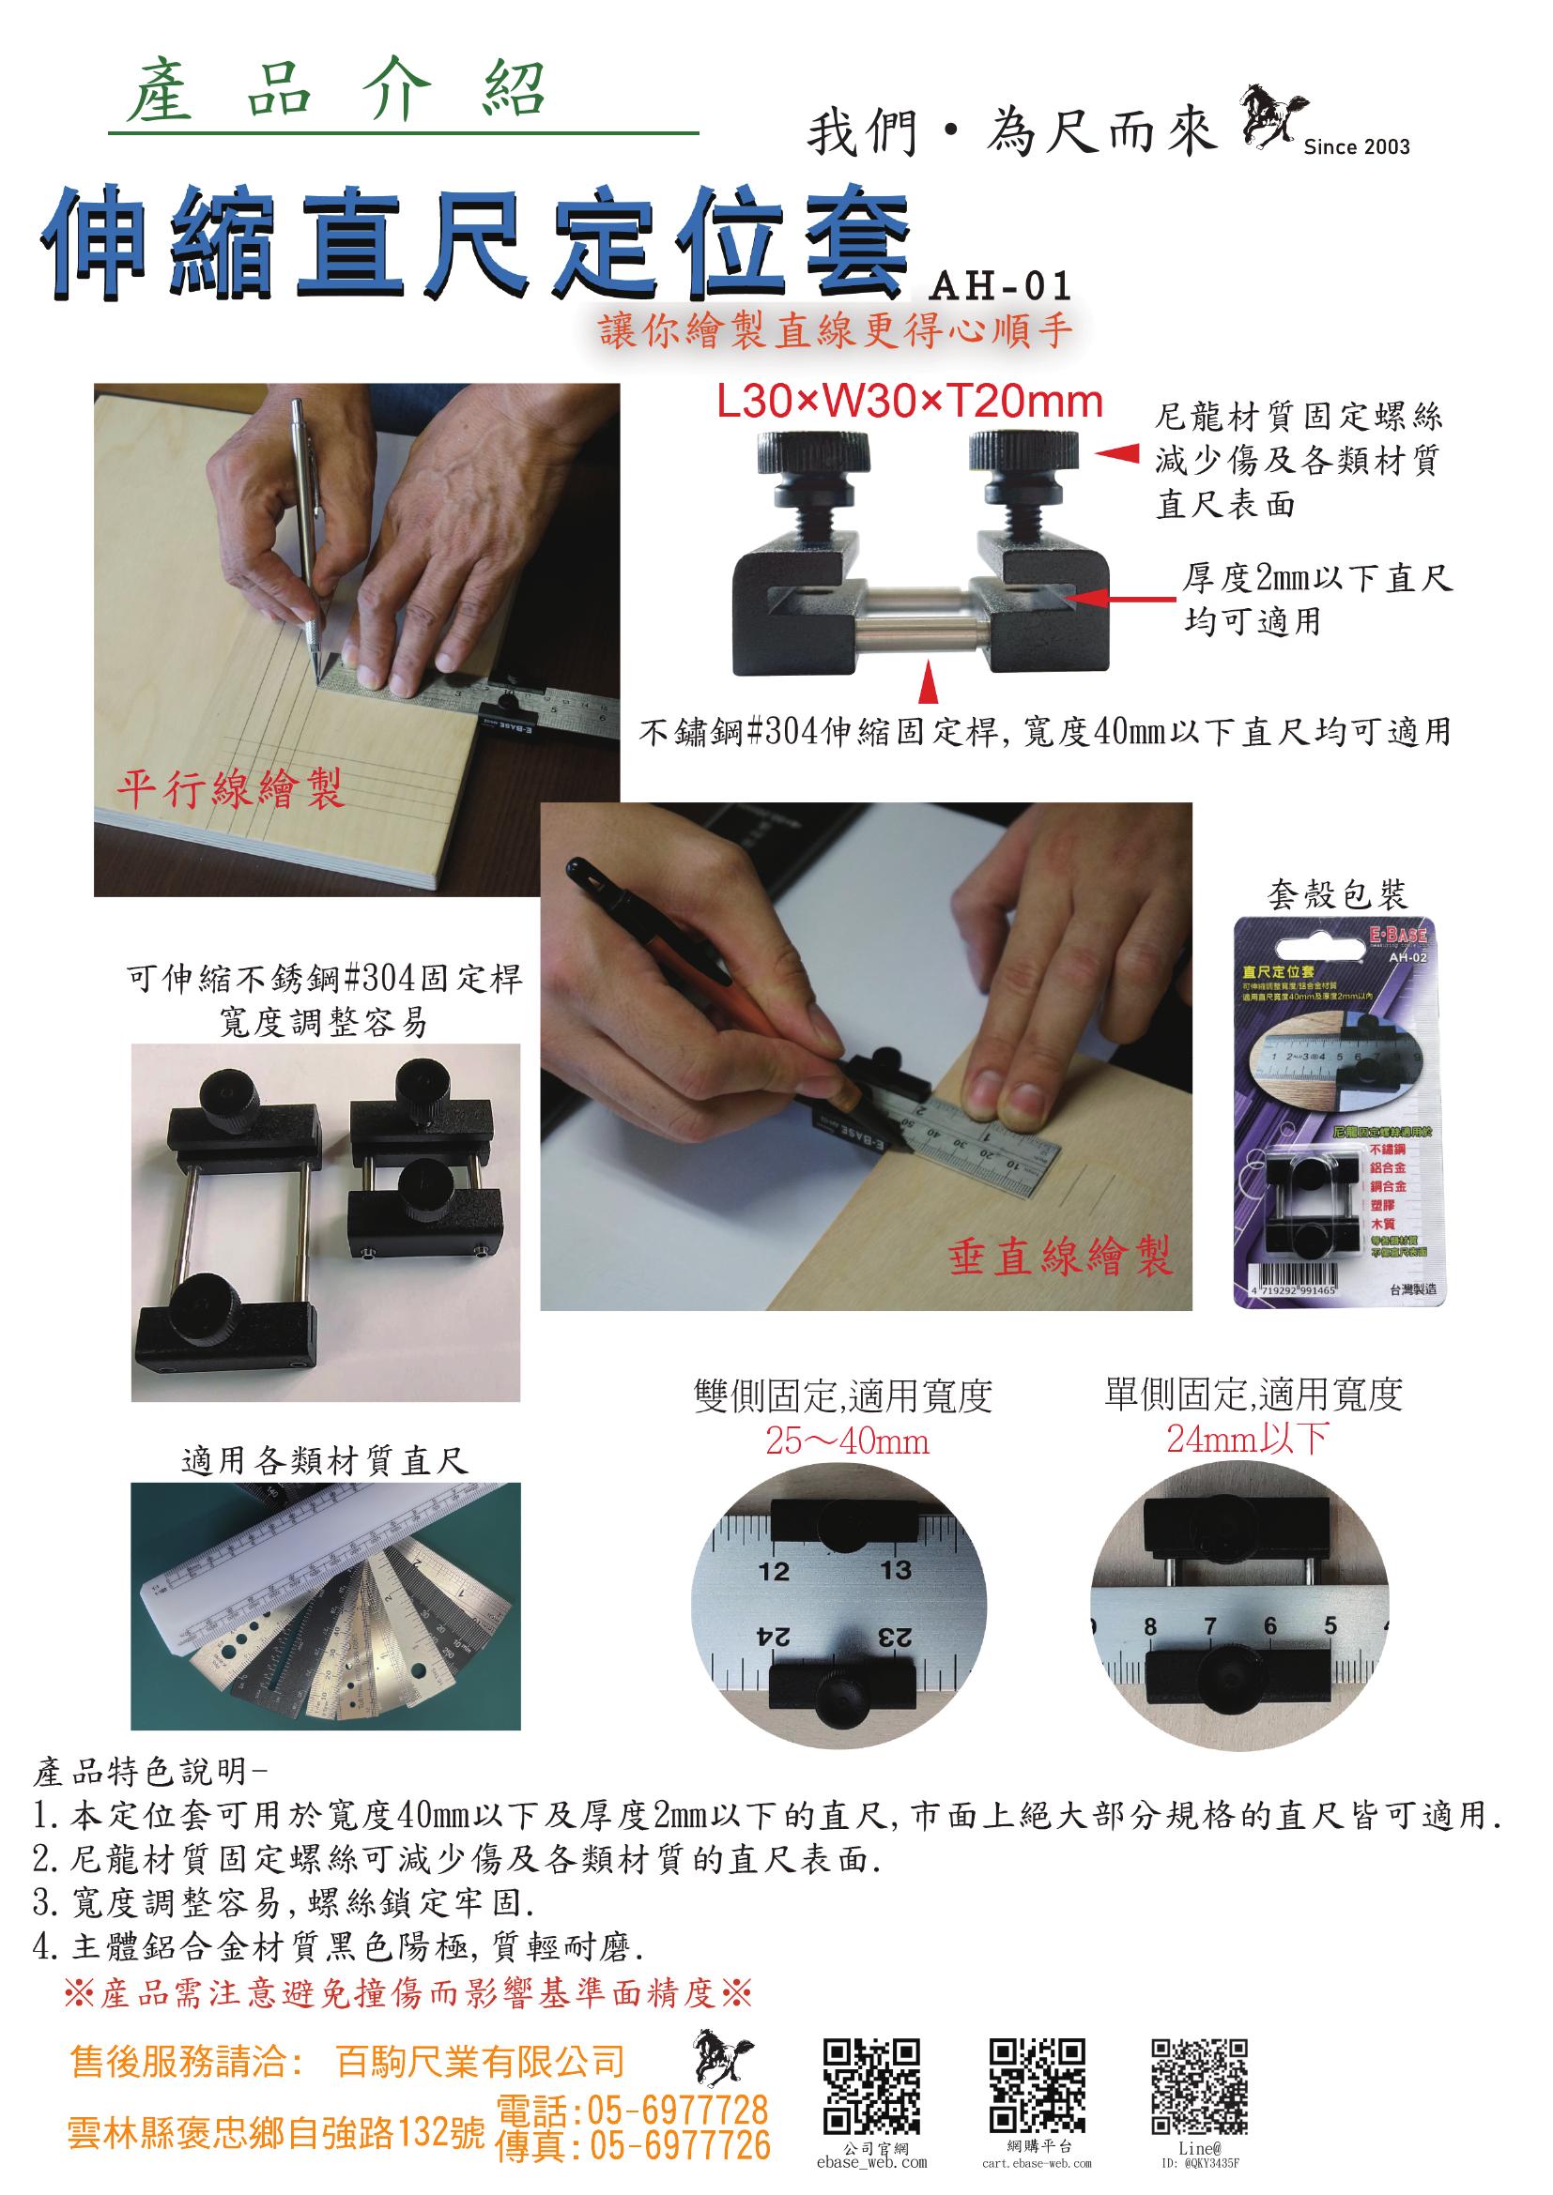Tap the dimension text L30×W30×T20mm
click(x=910, y=403)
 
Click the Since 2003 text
click(x=1356, y=146)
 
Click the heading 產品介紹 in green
click(x=337, y=93)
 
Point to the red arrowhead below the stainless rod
click(x=926, y=687)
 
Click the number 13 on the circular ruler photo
click(x=896, y=1570)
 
